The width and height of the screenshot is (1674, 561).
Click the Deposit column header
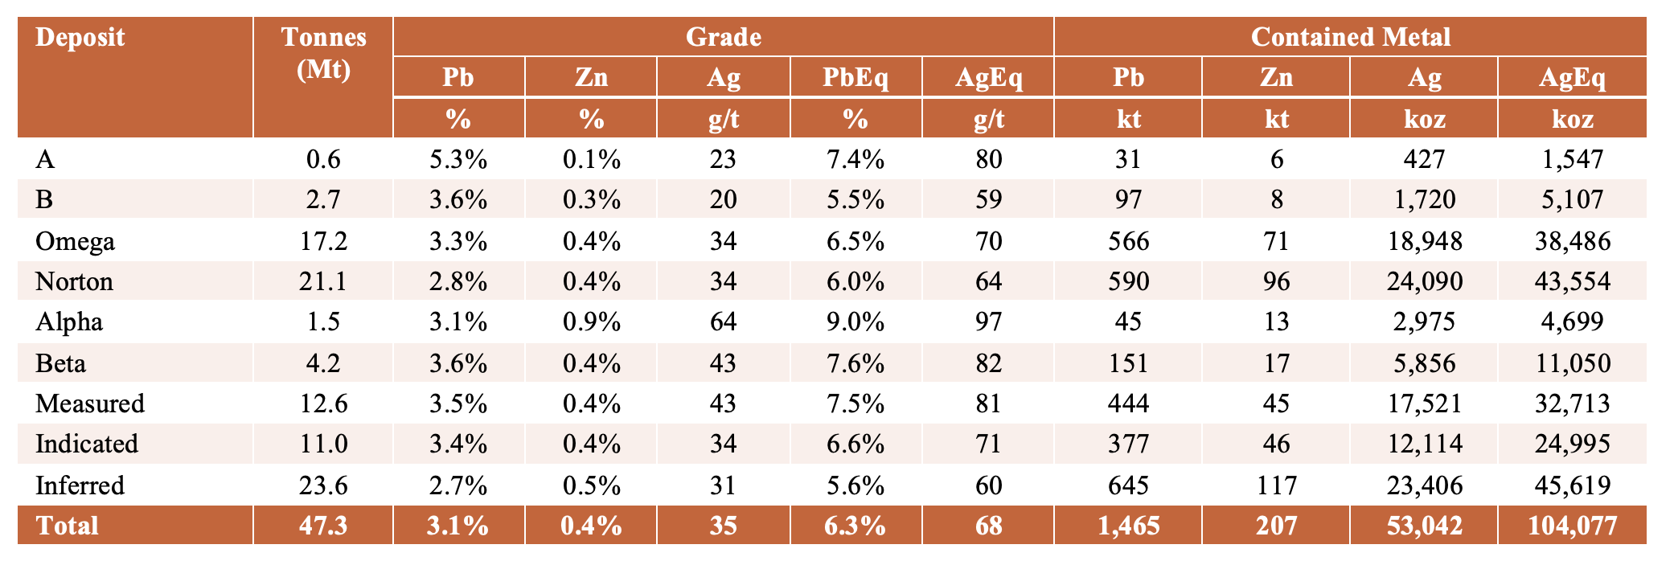[80, 38]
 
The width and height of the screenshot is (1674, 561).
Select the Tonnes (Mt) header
[323, 53]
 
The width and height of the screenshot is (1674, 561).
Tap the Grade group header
[723, 37]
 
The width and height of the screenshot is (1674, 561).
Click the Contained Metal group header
[1351, 37]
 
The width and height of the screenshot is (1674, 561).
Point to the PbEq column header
[855, 78]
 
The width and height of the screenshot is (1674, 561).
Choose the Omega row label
[75, 242]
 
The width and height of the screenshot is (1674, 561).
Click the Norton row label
[74, 281]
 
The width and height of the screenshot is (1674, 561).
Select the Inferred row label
[80, 485]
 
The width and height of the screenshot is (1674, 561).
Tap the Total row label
[67, 526]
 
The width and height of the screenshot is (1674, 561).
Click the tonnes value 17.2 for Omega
[323, 241]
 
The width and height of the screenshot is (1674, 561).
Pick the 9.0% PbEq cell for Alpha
[855, 321]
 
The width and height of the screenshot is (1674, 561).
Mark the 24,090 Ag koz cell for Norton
[1424, 281]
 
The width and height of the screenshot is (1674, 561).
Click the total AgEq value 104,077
[1572, 526]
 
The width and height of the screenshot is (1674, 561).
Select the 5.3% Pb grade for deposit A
[458, 159]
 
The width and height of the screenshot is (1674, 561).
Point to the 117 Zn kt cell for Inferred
[1276, 485]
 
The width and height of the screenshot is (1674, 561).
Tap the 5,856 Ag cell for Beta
[1424, 363]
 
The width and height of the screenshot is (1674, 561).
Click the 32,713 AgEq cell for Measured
[1572, 403]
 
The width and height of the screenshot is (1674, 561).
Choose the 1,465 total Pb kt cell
[1128, 526]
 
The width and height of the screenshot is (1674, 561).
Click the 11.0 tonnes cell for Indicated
[323, 444]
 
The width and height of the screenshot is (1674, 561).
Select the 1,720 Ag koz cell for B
[1424, 199]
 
